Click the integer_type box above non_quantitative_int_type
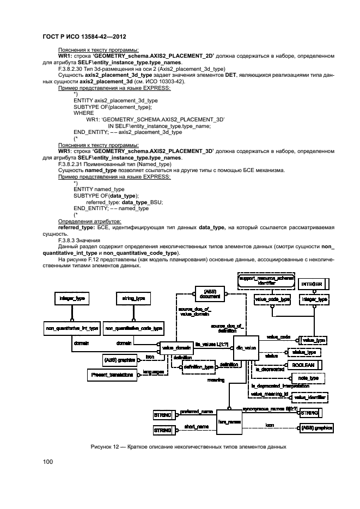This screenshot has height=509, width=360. (x=71, y=298)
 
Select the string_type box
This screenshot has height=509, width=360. (x=132, y=298)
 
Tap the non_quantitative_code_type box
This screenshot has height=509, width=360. (x=133, y=328)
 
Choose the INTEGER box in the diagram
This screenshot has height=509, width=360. (x=315, y=284)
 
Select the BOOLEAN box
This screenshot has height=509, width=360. (x=318, y=364)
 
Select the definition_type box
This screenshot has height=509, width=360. (x=198, y=368)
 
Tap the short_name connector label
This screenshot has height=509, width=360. (x=196, y=426)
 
